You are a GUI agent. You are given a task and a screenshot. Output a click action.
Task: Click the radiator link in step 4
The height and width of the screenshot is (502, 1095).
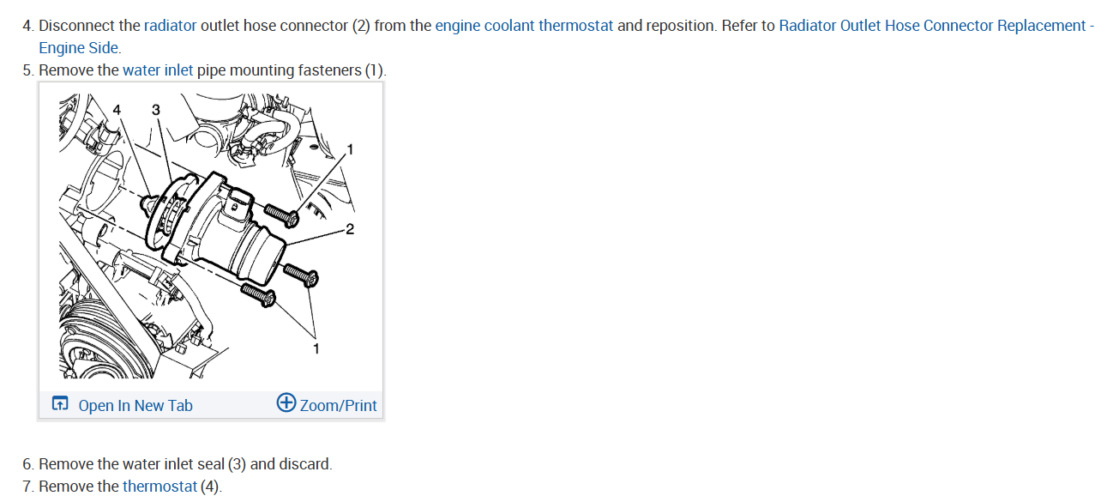pos(170,26)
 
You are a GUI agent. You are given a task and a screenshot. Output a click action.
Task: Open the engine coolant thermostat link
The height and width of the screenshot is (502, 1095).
pos(524,26)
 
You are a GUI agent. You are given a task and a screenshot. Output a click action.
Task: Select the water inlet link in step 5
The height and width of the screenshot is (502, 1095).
pos(158,70)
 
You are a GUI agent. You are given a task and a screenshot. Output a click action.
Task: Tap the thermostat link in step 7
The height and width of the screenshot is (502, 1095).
pos(159,487)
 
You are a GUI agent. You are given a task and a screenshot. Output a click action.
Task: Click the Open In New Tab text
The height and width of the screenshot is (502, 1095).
pos(135,406)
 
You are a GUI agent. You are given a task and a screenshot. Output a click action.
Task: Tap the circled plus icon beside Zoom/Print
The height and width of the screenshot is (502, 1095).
pos(286,403)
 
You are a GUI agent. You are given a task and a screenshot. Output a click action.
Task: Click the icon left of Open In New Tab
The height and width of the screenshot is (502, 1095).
pos(60,404)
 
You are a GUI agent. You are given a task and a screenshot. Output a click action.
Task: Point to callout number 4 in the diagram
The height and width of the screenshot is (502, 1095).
pos(117,109)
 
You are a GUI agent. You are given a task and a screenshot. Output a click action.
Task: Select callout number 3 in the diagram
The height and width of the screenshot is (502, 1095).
pos(155,109)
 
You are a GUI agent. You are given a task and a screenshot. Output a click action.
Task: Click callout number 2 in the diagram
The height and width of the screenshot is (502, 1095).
pos(349,229)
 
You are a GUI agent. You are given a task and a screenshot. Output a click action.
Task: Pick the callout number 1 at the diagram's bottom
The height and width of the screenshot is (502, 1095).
pos(316,348)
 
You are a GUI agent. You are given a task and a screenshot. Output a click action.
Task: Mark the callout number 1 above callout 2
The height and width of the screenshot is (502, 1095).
pos(349,150)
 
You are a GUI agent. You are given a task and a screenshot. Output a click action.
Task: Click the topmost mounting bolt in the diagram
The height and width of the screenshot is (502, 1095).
pos(282,215)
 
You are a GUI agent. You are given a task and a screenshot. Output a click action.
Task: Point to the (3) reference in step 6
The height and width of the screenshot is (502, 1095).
pos(238,464)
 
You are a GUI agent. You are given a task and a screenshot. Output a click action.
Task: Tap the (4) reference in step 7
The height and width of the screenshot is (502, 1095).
pos(210,487)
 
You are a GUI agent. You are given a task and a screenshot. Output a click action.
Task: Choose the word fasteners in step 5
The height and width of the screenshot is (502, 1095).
pos(329,70)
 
